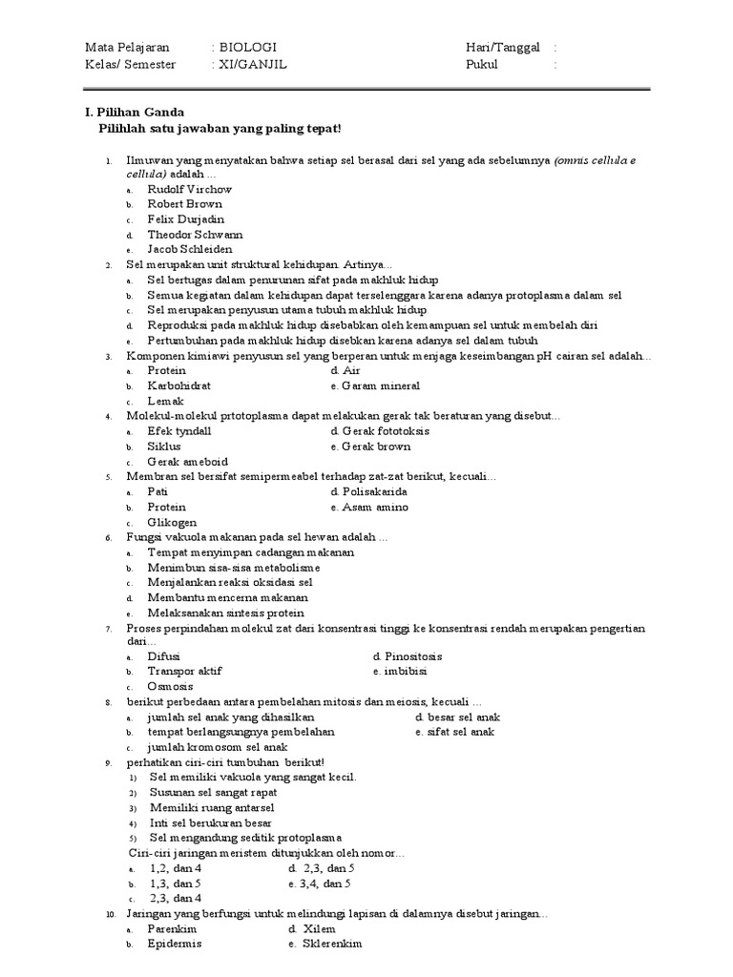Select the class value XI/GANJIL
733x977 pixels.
point(253,64)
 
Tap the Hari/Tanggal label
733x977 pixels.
point(502,47)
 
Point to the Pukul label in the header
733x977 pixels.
point(482,64)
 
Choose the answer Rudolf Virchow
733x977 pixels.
point(189,189)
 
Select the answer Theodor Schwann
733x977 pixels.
point(195,234)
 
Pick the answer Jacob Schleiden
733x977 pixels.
point(189,249)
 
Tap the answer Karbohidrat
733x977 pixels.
point(178,386)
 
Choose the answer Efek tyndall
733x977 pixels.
point(179,431)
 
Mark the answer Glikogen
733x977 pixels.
point(172,523)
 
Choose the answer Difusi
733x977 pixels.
point(163,656)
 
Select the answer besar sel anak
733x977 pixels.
point(462,717)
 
